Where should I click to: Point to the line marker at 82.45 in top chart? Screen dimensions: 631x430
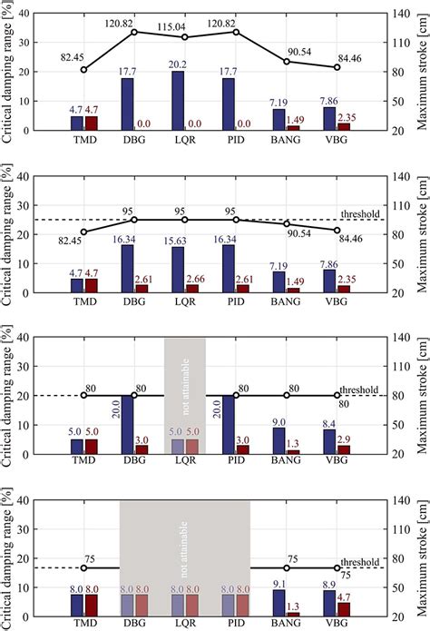coord(84,70)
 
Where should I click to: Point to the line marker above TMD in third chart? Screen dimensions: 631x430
coord(84,370)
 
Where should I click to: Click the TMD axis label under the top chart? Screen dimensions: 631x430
coord(84,142)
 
